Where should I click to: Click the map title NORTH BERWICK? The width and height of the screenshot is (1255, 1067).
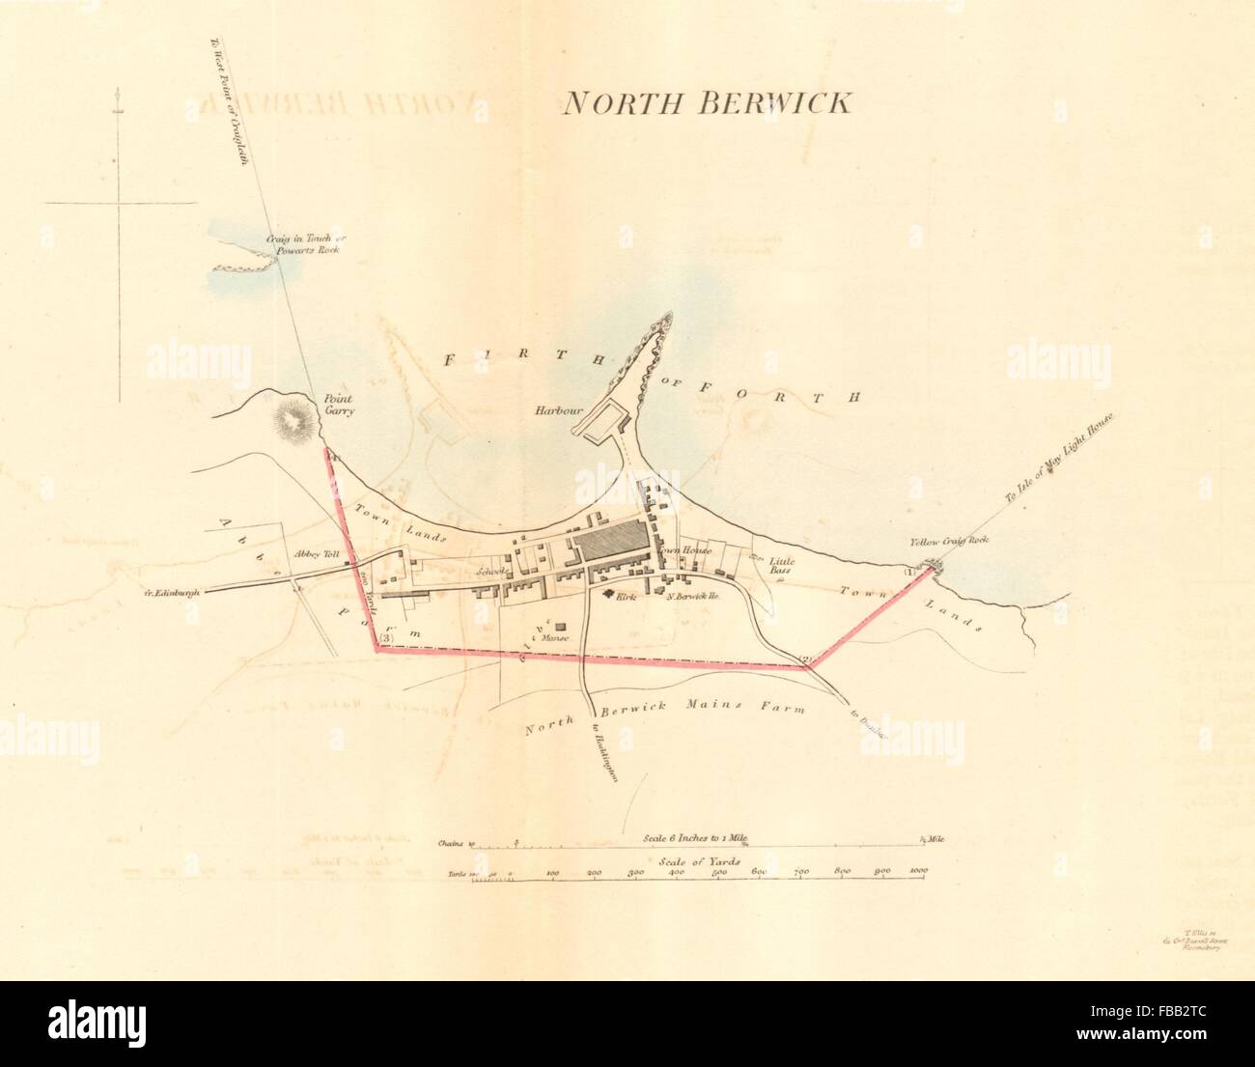point(707,103)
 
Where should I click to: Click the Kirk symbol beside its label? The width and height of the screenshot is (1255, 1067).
point(609,595)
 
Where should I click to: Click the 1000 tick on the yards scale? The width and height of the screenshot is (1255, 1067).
point(917,873)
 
